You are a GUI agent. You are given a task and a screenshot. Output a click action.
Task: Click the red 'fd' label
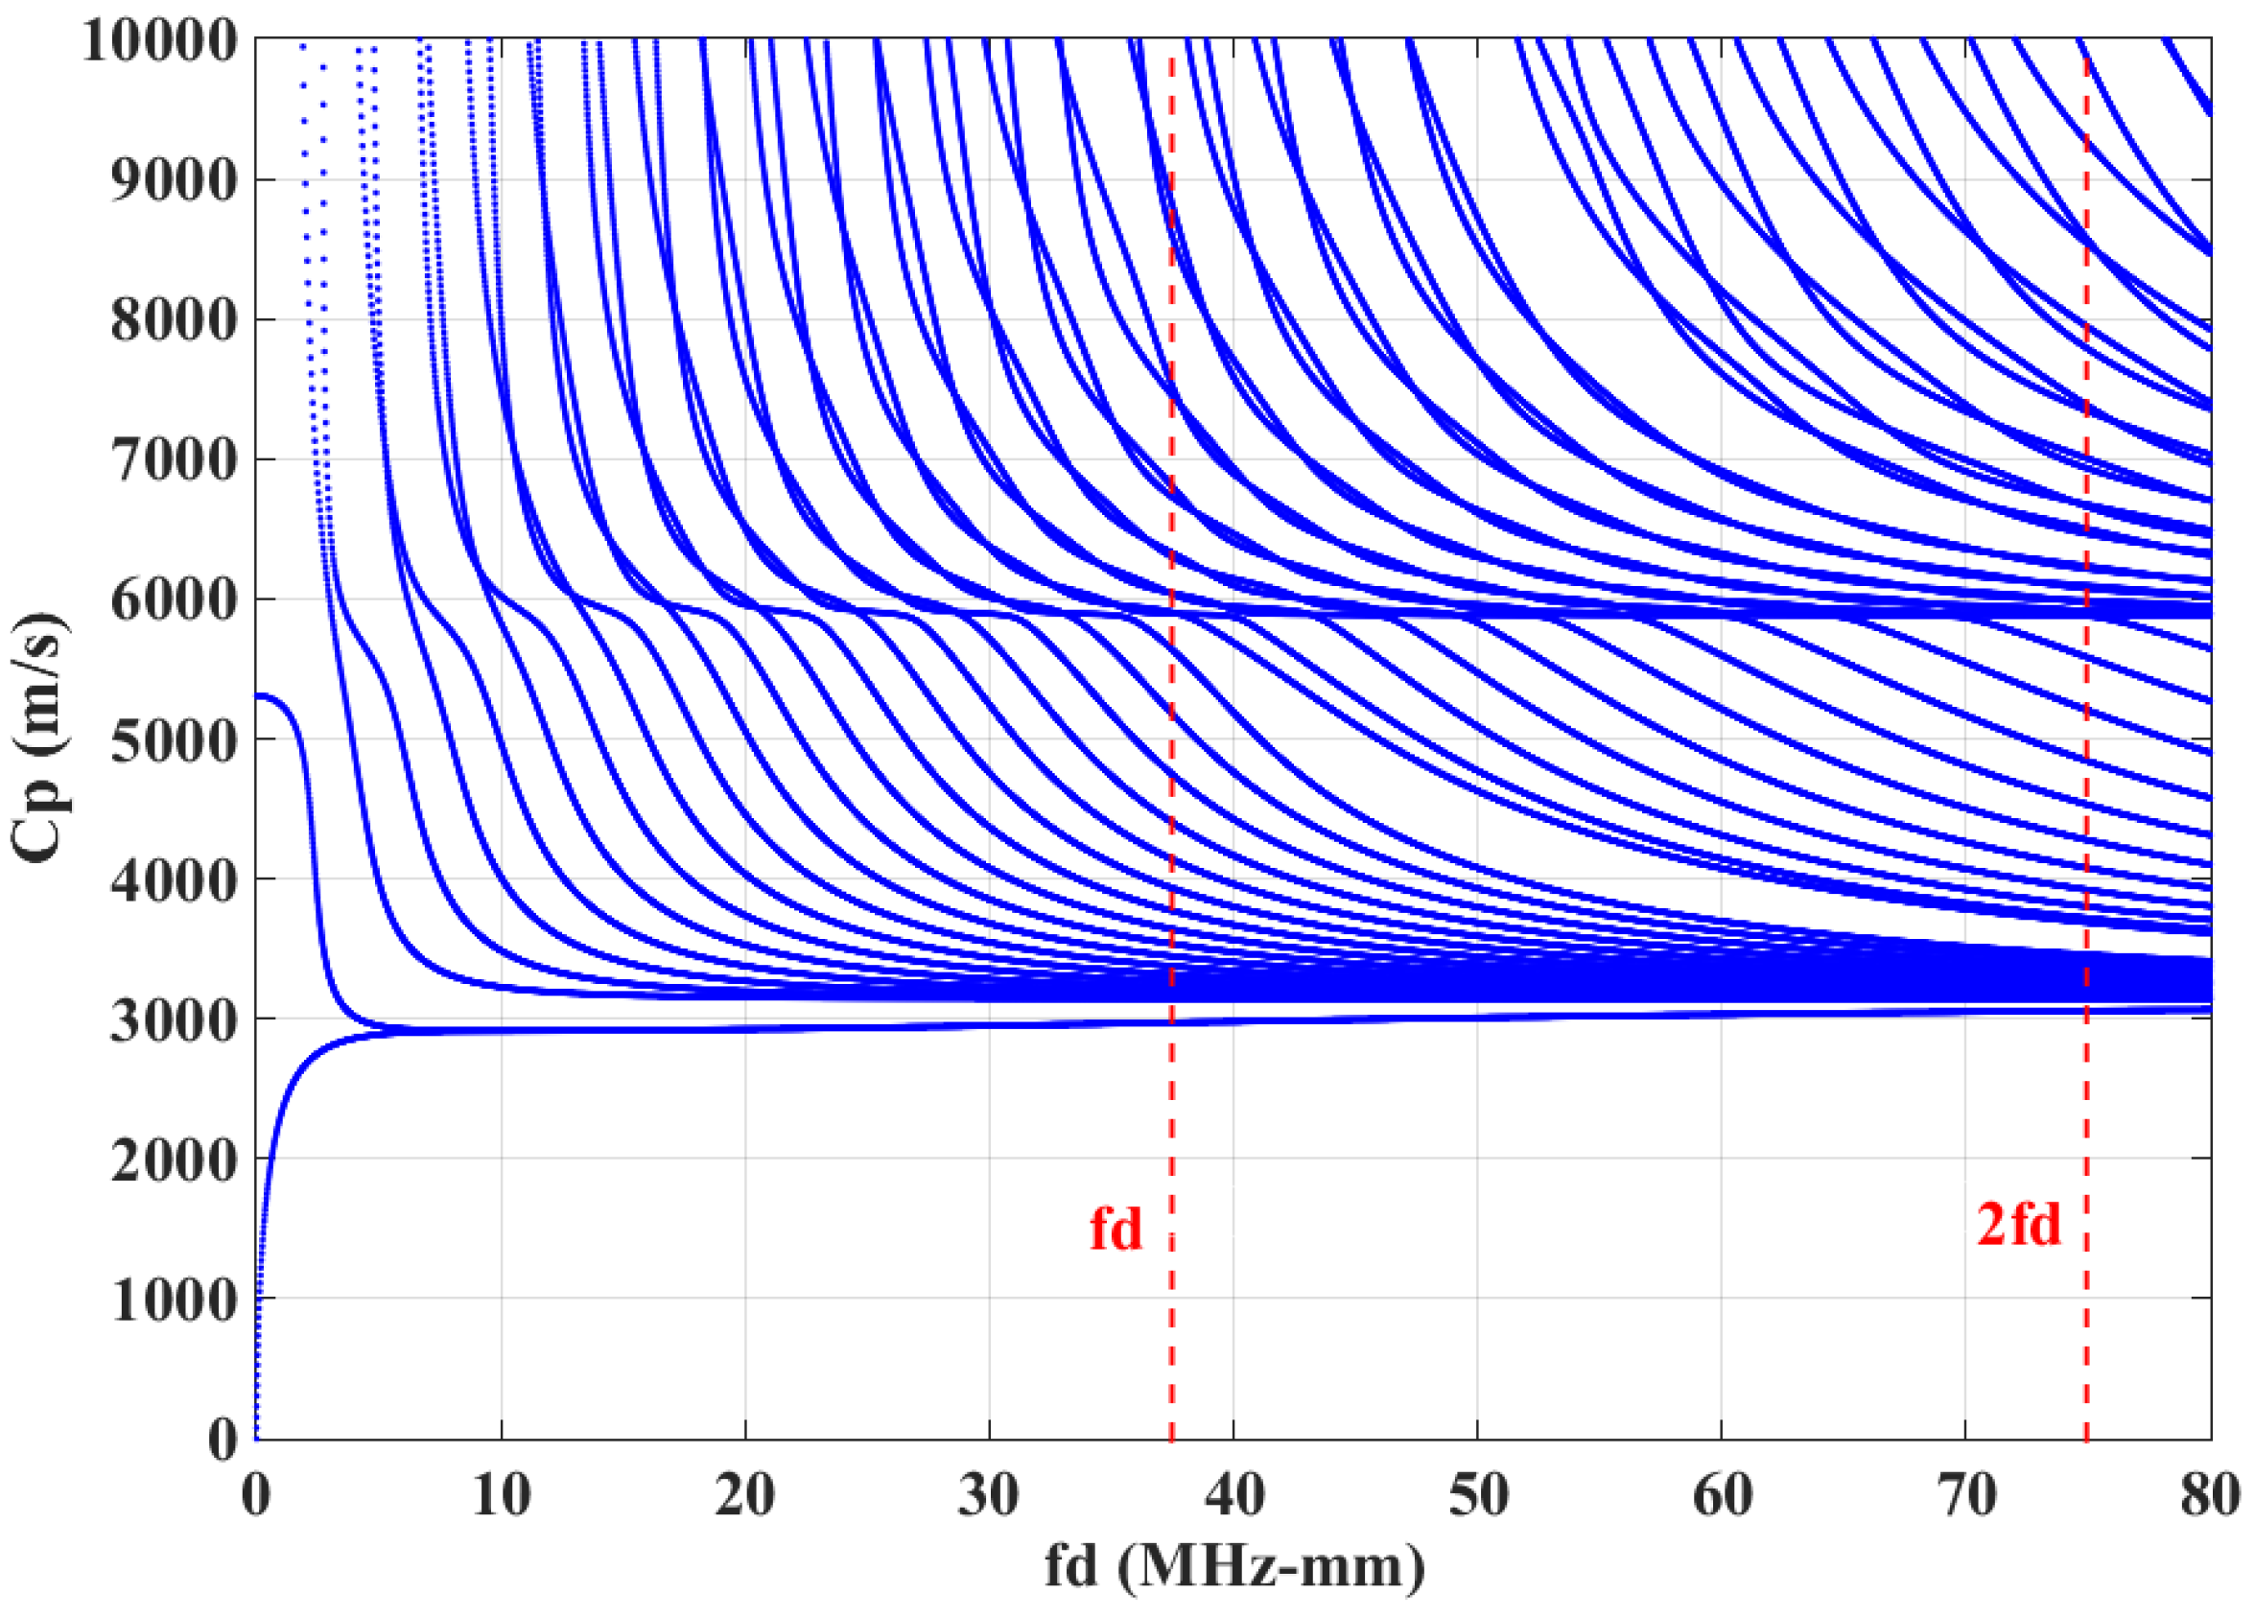coord(1116,1230)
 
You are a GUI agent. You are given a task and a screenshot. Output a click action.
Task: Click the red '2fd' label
coord(2018,1224)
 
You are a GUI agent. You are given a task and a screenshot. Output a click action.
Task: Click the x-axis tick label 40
coord(1233,1494)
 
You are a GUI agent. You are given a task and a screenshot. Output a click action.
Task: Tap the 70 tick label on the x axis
coord(1965,1494)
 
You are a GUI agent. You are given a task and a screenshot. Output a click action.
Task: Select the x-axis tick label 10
coord(500,1494)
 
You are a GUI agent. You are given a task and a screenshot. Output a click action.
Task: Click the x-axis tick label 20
coord(744,1494)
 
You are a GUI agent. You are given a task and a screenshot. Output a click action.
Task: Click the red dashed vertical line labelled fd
coord(1171,1343)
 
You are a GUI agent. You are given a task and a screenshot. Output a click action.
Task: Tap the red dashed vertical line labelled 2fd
coord(2086,1343)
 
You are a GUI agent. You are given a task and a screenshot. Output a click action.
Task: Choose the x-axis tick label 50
coord(1477,1494)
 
